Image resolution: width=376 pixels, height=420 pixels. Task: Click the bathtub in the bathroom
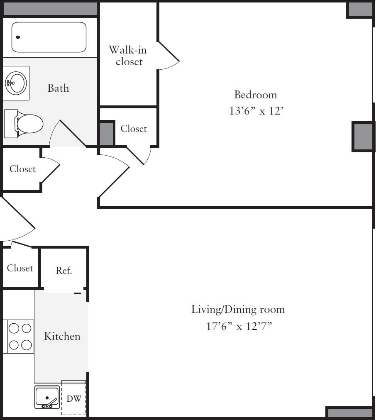coord(49,37)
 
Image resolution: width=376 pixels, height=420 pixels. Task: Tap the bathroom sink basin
coord(16,83)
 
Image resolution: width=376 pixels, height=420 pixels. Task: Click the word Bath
coord(58,88)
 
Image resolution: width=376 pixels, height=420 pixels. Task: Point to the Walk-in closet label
coord(128,56)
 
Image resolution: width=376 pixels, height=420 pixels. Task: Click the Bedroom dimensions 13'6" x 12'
coord(256,111)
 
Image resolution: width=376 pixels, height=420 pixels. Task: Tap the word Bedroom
coord(256,95)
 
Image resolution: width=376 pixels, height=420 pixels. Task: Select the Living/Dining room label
coord(238,309)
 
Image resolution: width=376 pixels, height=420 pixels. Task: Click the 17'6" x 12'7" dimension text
coord(239,326)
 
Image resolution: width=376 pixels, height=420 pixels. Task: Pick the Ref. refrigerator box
coord(64,270)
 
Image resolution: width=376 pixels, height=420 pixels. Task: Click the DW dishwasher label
coord(74,399)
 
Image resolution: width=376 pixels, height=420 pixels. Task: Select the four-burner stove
coord(20,337)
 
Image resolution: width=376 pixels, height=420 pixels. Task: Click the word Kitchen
coord(62,336)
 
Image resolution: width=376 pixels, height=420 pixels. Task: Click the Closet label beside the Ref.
coord(20,268)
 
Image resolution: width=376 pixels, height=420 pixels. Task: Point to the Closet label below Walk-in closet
coord(134,129)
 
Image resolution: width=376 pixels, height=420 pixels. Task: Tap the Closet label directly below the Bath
coord(22,169)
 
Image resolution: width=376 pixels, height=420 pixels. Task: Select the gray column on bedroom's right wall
coord(363,137)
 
